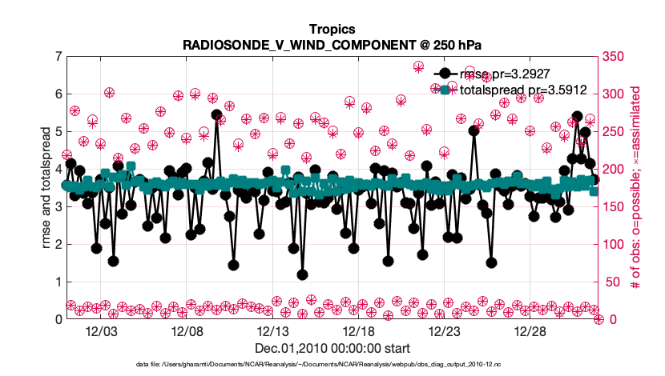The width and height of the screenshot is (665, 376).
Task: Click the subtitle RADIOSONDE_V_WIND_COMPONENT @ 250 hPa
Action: tap(332, 43)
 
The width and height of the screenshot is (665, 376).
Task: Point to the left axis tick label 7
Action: tap(58, 56)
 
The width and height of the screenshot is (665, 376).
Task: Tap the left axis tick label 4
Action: tap(58, 169)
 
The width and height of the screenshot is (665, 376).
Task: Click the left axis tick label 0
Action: tap(58, 319)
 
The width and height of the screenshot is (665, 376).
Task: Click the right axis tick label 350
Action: tap(615, 56)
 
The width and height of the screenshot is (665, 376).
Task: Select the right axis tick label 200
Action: tap(615, 169)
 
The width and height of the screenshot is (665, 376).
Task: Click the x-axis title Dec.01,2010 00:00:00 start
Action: tap(332, 348)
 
